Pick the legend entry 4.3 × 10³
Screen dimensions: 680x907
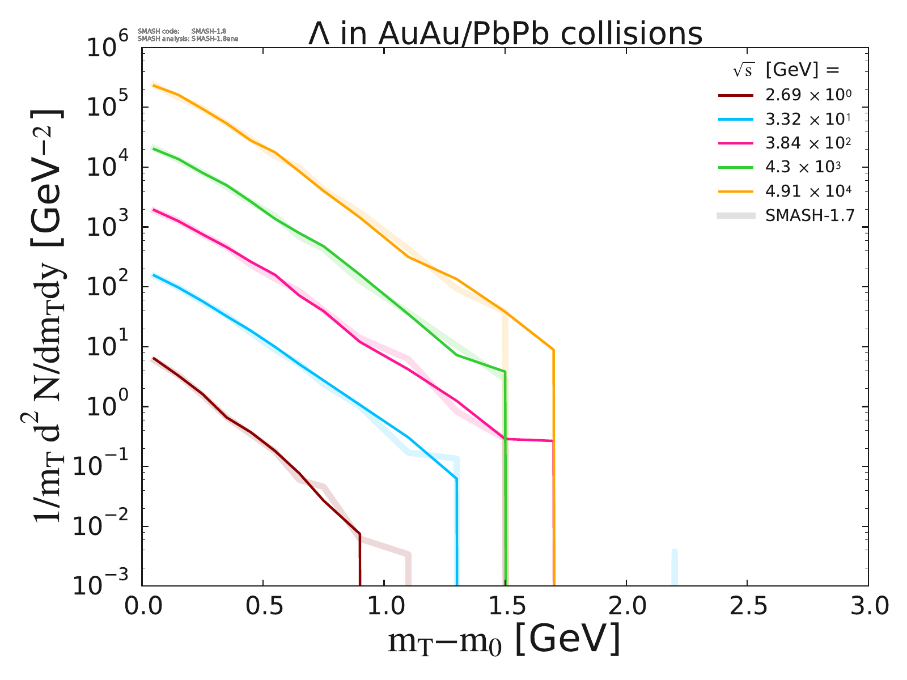pyautogui.click(x=803, y=168)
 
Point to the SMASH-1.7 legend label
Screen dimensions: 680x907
pyautogui.click(x=809, y=216)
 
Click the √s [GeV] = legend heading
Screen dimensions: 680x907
pyautogui.click(x=785, y=70)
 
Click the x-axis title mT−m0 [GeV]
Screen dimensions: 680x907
pyautogui.click(x=504, y=640)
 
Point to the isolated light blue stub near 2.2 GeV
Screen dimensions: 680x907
pyautogui.click(x=675, y=567)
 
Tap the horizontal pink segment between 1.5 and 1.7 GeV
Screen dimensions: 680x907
pyautogui.click(x=528, y=440)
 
